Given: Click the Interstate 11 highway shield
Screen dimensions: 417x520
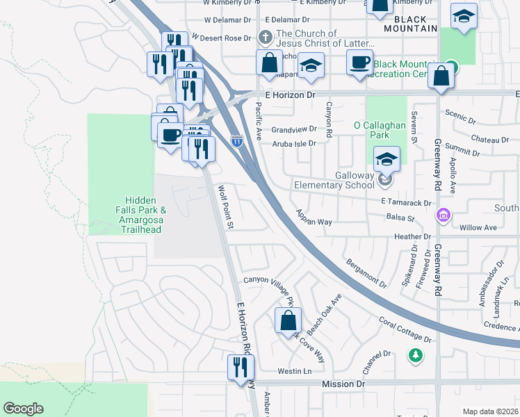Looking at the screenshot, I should (236, 141).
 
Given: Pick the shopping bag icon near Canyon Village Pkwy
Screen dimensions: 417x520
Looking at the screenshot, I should (287, 321).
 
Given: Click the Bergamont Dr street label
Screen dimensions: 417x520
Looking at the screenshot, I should (364, 273).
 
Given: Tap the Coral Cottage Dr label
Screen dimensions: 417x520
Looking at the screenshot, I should (405, 330).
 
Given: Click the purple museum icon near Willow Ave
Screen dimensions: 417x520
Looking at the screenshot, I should (442, 216).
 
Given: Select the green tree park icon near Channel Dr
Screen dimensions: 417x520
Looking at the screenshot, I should (416, 355).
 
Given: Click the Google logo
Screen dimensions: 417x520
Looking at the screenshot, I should (23, 409).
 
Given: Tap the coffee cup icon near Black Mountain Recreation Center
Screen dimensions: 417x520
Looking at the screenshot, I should (359, 63).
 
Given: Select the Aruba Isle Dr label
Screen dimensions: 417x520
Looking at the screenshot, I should (293, 144).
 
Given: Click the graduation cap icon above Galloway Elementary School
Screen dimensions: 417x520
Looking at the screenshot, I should (387, 160).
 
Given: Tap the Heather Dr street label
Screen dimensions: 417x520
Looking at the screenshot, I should (408, 237).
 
